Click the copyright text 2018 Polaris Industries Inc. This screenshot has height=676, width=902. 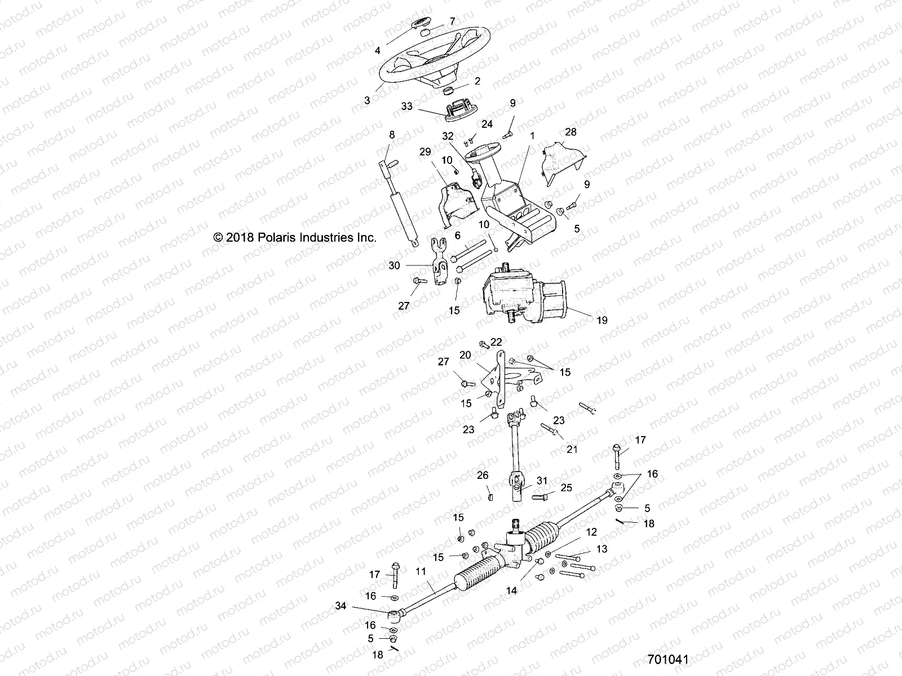click(x=295, y=238)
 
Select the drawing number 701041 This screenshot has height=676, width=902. click(x=668, y=659)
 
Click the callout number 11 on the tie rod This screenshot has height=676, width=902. click(x=421, y=571)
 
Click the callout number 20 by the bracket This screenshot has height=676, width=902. click(x=465, y=355)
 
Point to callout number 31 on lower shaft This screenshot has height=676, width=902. click(x=542, y=481)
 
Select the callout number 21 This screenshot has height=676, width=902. click(x=572, y=449)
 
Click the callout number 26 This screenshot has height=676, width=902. click(x=483, y=475)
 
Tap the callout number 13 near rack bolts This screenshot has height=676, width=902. click(x=602, y=549)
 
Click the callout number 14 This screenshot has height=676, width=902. click(x=511, y=591)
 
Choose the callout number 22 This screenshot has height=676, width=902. click(x=496, y=342)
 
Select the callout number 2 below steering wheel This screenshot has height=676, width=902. click(x=477, y=81)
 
